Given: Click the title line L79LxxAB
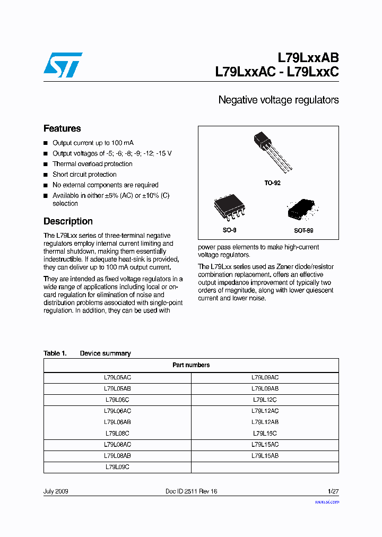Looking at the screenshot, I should coord(308,58).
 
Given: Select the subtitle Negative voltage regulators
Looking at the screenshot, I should coord(279,100).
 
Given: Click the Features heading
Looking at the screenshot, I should coord(62,128).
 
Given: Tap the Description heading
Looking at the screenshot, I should coord(68,221).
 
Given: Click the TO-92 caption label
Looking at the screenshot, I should coord(272,183).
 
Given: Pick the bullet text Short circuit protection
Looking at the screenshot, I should coord(84,175).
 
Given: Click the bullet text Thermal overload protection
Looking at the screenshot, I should coord(92,164).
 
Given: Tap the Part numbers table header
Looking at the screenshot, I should coord(191,365).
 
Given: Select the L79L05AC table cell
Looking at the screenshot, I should coord(117,377).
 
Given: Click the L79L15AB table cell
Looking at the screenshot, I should coord(265,456).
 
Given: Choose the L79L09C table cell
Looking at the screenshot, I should coord(117,467).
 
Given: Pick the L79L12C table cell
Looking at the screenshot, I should coord(265,400).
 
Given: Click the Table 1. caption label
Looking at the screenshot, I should coord(55,353).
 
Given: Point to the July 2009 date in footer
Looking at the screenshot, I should coord(56,491).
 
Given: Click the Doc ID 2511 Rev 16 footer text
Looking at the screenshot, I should coord(191,491).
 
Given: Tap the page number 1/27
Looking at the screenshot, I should coord(333,491).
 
